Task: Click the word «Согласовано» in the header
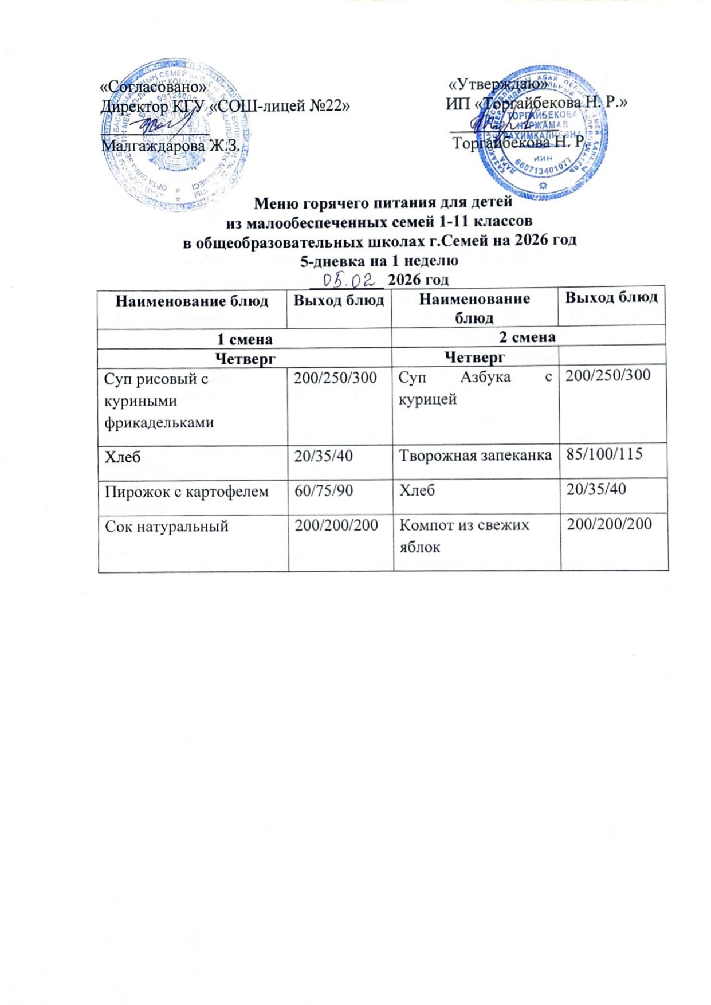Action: tap(153, 87)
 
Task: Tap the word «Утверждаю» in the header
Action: tap(498, 84)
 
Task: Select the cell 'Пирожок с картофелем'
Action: tap(186, 491)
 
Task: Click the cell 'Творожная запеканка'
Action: tap(475, 455)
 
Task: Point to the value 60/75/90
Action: tap(324, 490)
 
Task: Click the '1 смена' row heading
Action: tap(245, 339)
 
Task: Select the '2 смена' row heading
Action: tap(527, 337)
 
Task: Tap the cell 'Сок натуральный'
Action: tap(166, 526)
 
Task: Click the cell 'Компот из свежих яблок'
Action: tap(464, 536)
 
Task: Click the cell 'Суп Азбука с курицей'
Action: tap(476, 388)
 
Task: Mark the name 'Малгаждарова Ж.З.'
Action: tap(170, 146)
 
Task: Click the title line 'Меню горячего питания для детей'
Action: tap(383, 203)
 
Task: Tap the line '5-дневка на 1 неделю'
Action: tap(379, 261)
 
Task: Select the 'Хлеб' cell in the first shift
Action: tap(123, 457)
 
